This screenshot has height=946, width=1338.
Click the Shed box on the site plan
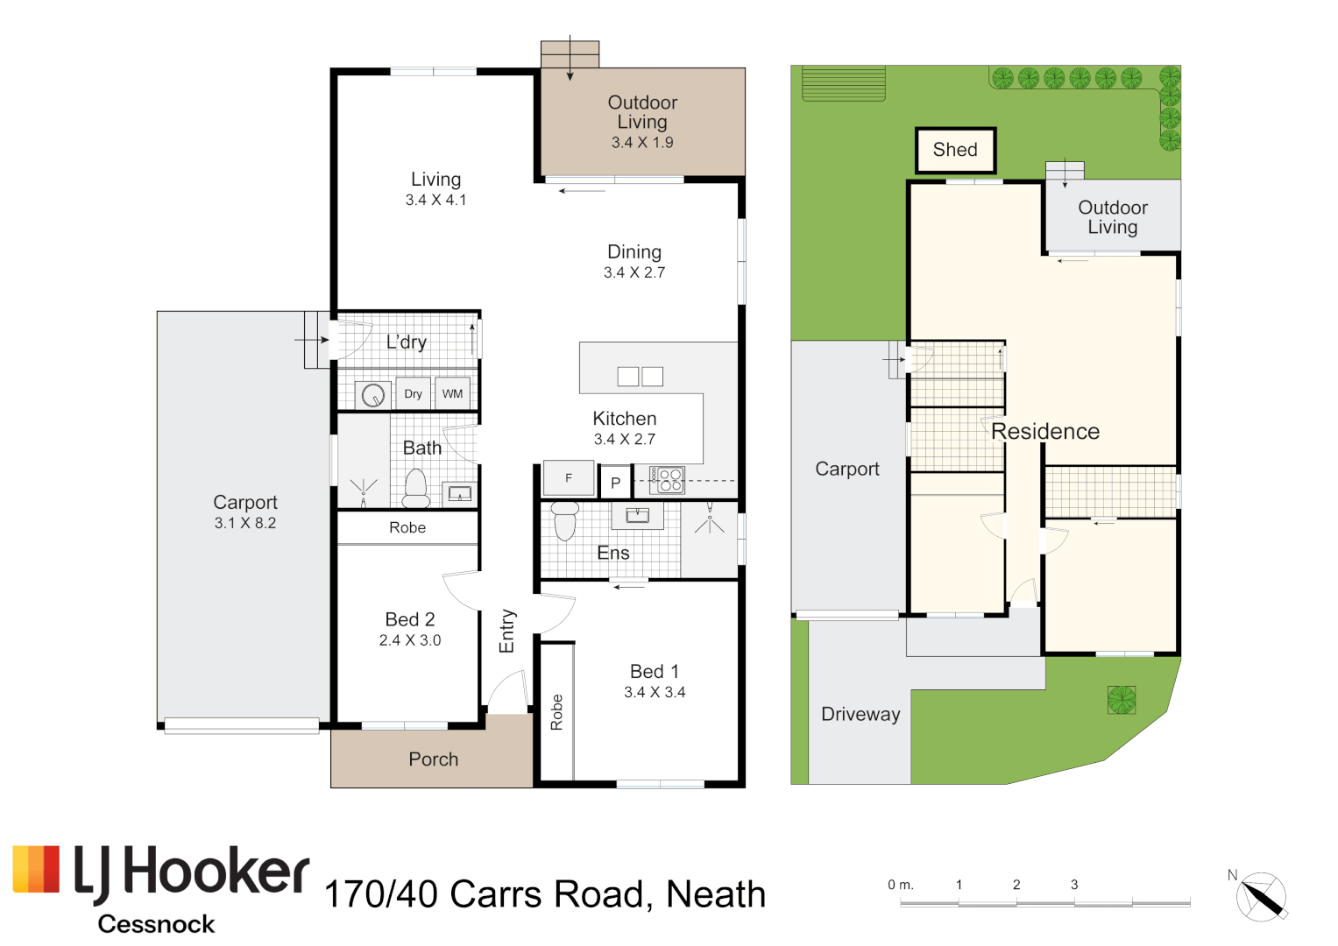(x=956, y=150)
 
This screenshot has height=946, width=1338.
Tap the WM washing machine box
(x=452, y=393)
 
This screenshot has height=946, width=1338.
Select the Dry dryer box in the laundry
(x=413, y=393)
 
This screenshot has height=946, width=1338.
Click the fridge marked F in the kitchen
(x=569, y=477)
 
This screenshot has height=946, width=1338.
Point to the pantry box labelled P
(x=615, y=482)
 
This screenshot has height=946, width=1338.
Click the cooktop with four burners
(x=667, y=480)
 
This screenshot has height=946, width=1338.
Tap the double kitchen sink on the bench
(x=641, y=377)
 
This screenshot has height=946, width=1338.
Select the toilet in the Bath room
(x=415, y=489)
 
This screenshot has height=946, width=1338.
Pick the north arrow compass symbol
(x=1261, y=896)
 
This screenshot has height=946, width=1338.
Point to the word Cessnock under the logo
(x=157, y=924)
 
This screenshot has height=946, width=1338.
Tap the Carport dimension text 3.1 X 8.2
(x=244, y=523)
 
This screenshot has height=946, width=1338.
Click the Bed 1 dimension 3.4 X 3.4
(x=655, y=692)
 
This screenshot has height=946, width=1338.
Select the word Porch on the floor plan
(x=434, y=759)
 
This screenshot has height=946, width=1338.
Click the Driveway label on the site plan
(x=860, y=714)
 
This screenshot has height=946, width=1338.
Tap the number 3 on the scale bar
(x=1074, y=885)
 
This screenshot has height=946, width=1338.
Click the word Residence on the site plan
(x=1045, y=431)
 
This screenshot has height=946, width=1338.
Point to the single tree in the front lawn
(x=1122, y=700)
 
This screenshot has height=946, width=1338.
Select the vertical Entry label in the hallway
(x=506, y=631)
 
